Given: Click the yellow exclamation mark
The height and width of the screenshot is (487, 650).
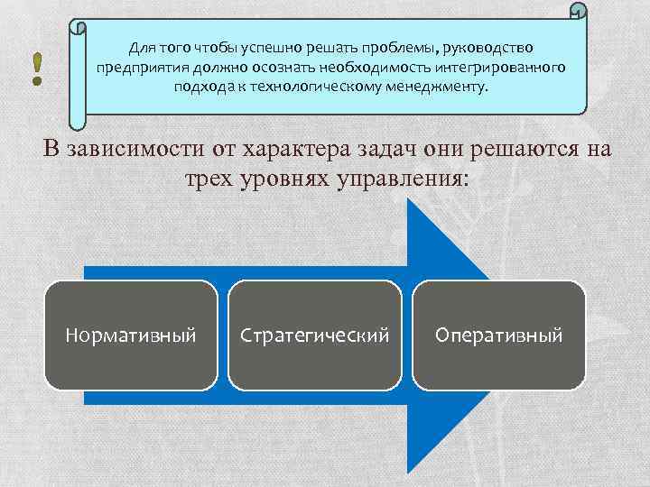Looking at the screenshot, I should [37, 69].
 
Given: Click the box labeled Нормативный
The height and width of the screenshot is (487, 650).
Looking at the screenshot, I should [131, 335].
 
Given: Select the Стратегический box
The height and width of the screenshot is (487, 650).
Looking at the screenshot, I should [314, 335].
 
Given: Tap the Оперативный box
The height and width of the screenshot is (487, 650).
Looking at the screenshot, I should [498, 335].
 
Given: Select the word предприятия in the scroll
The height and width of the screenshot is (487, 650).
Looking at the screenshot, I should [136, 67].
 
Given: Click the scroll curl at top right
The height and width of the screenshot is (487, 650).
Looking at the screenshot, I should [578, 12].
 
